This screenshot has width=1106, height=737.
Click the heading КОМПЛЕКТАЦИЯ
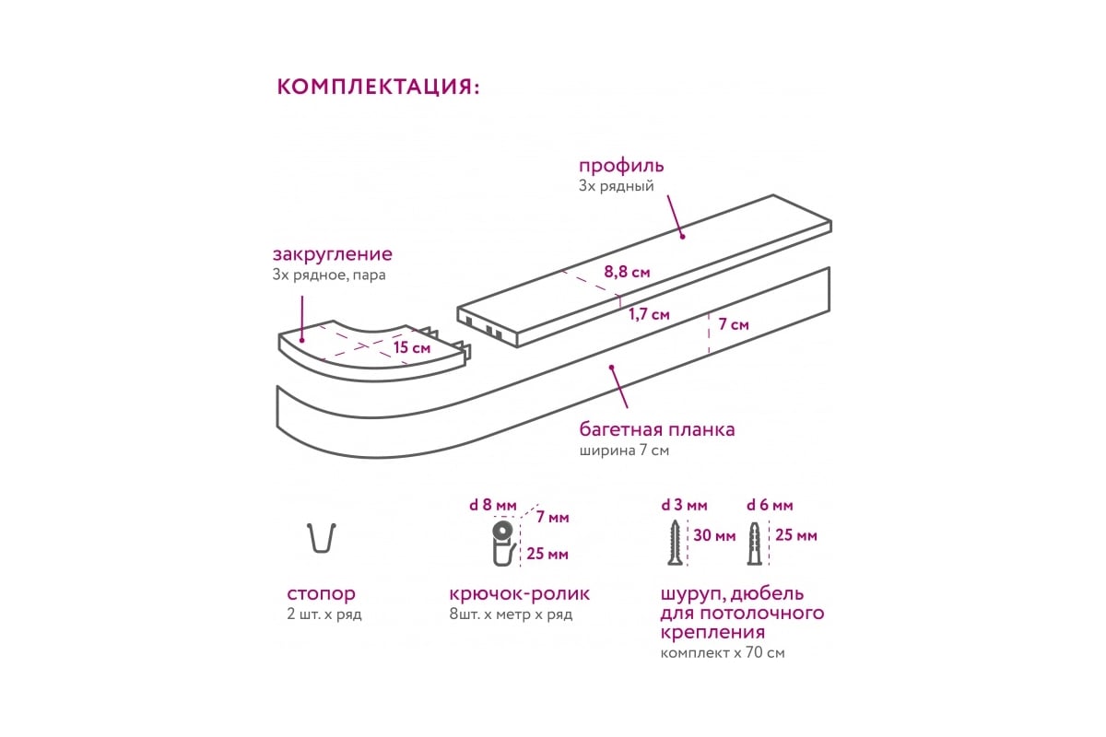coord(378,87)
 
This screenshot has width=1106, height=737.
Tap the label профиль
coord(621,166)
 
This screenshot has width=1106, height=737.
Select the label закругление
coord(333,254)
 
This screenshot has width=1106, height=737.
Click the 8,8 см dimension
coord(627,272)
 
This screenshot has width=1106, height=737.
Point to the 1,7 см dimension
coord(649,314)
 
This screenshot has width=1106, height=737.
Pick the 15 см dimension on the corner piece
coord(412,347)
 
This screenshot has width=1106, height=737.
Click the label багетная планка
coord(656,429)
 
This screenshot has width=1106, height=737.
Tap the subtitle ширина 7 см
coord(624,450)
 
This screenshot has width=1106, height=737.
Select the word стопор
coord(321,594)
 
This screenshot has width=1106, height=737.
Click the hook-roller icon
coord(503,543)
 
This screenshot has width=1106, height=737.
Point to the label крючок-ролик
coord(520,594)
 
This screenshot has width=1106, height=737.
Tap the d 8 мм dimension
coord(493,505)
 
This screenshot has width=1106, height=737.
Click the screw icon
coord(674,542)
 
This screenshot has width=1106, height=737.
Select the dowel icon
coord(754,543)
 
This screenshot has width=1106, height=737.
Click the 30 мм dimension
coord(714,535)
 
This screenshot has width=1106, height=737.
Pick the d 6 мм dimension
coord(770,506)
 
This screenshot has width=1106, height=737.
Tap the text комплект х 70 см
coord(723,652)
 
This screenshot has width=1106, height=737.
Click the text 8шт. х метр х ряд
coord(511,614)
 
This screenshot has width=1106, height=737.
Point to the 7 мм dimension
coord(552,518)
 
